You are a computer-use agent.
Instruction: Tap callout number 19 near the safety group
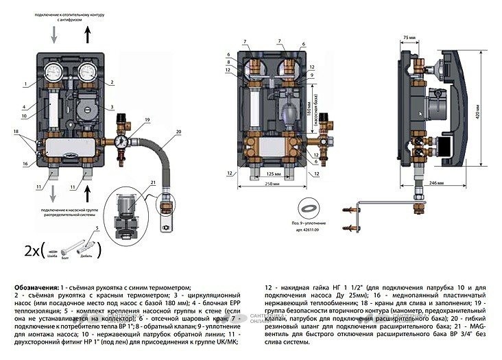147,121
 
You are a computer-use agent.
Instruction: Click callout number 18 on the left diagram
14,131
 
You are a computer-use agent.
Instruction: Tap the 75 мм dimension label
410,36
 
